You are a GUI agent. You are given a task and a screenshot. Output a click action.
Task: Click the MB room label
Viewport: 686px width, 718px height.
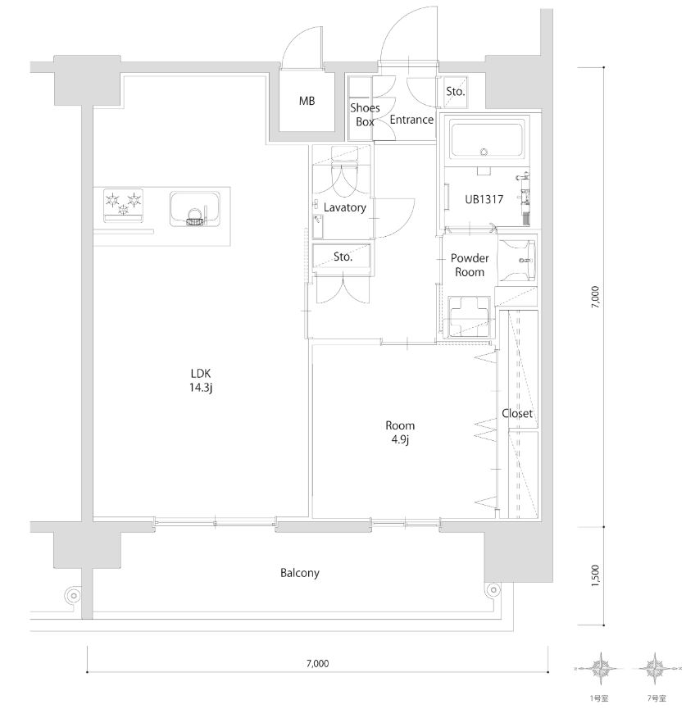point(307,102)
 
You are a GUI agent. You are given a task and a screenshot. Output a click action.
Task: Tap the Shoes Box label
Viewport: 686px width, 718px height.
point(365,115)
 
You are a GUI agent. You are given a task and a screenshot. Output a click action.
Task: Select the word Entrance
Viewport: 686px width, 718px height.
point(411,120)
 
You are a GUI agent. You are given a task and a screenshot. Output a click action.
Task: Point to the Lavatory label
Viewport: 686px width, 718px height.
point(344,207)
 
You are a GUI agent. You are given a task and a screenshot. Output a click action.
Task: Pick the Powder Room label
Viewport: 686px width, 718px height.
point(470,265)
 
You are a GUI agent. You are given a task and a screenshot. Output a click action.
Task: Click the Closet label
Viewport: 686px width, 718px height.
point(517,413)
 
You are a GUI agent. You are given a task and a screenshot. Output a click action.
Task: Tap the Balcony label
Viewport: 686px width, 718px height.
point(299,573)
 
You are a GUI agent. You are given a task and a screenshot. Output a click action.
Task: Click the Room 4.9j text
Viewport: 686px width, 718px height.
point(400,432)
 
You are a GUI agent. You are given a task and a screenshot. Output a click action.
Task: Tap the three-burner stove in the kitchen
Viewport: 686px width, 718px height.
point(124,205)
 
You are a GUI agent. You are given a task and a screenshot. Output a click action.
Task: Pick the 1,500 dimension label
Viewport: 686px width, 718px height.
point(596,575)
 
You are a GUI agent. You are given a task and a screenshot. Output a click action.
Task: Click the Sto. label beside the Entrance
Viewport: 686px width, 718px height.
point(456,92)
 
